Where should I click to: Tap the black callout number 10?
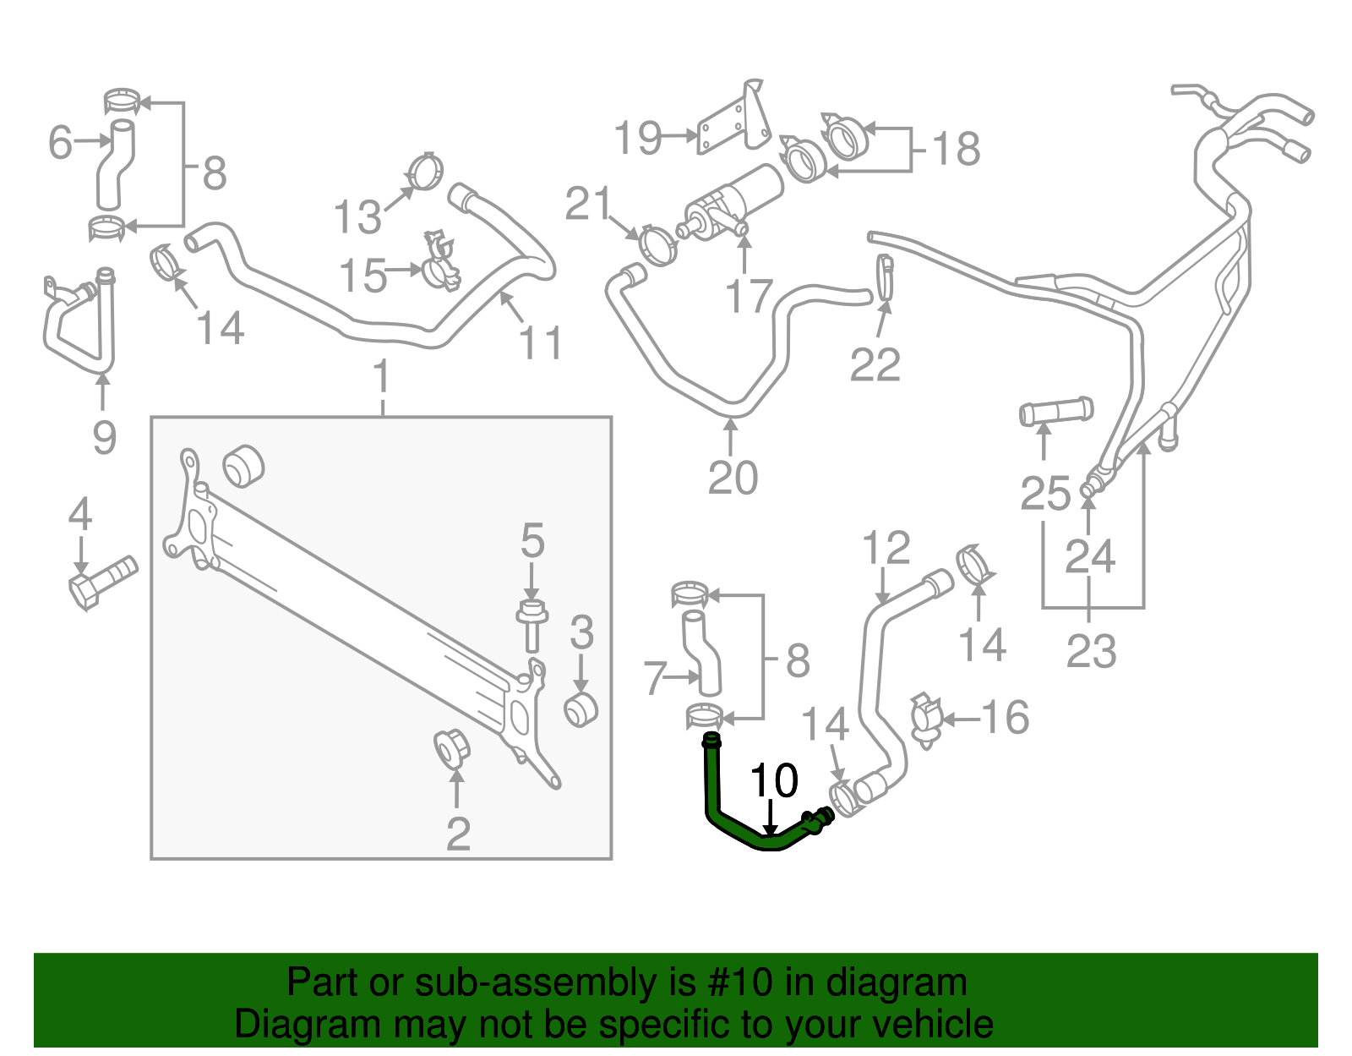[x=773, y=780]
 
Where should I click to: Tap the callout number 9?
[x=104, y=437]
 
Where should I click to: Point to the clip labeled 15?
[x=440, y=261]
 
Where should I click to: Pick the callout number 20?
[x=733, y=479]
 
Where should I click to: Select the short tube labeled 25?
[x=1056, y=412]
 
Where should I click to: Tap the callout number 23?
[x=1091, y=652]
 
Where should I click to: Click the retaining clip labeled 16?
[x=926, y=719]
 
